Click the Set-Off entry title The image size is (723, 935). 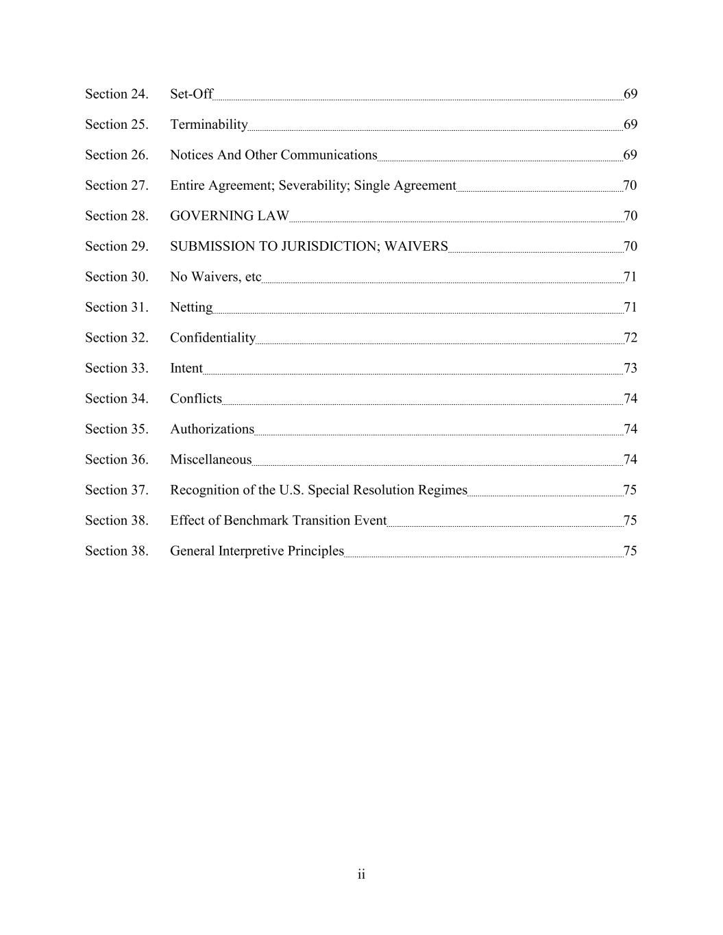click(191, 94)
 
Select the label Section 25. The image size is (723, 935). click(117, 125)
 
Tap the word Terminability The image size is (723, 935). click(208, 125)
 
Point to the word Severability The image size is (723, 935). click(314, 186)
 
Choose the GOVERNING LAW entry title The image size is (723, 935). click(230, 216)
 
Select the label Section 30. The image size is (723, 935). click(117, 277)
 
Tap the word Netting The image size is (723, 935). click(191, 308)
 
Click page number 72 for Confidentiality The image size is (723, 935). click(630, 338)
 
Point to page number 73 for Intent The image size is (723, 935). click(630, 369)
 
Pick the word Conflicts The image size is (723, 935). click(196, 399)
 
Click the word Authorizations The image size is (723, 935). click(212, 429)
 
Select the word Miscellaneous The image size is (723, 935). click(210, 460)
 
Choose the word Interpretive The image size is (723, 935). click(247, 551)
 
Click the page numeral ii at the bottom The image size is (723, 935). click(361, 875)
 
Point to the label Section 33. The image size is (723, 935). click(117, 369)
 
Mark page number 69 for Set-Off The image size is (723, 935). click(630, 94)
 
